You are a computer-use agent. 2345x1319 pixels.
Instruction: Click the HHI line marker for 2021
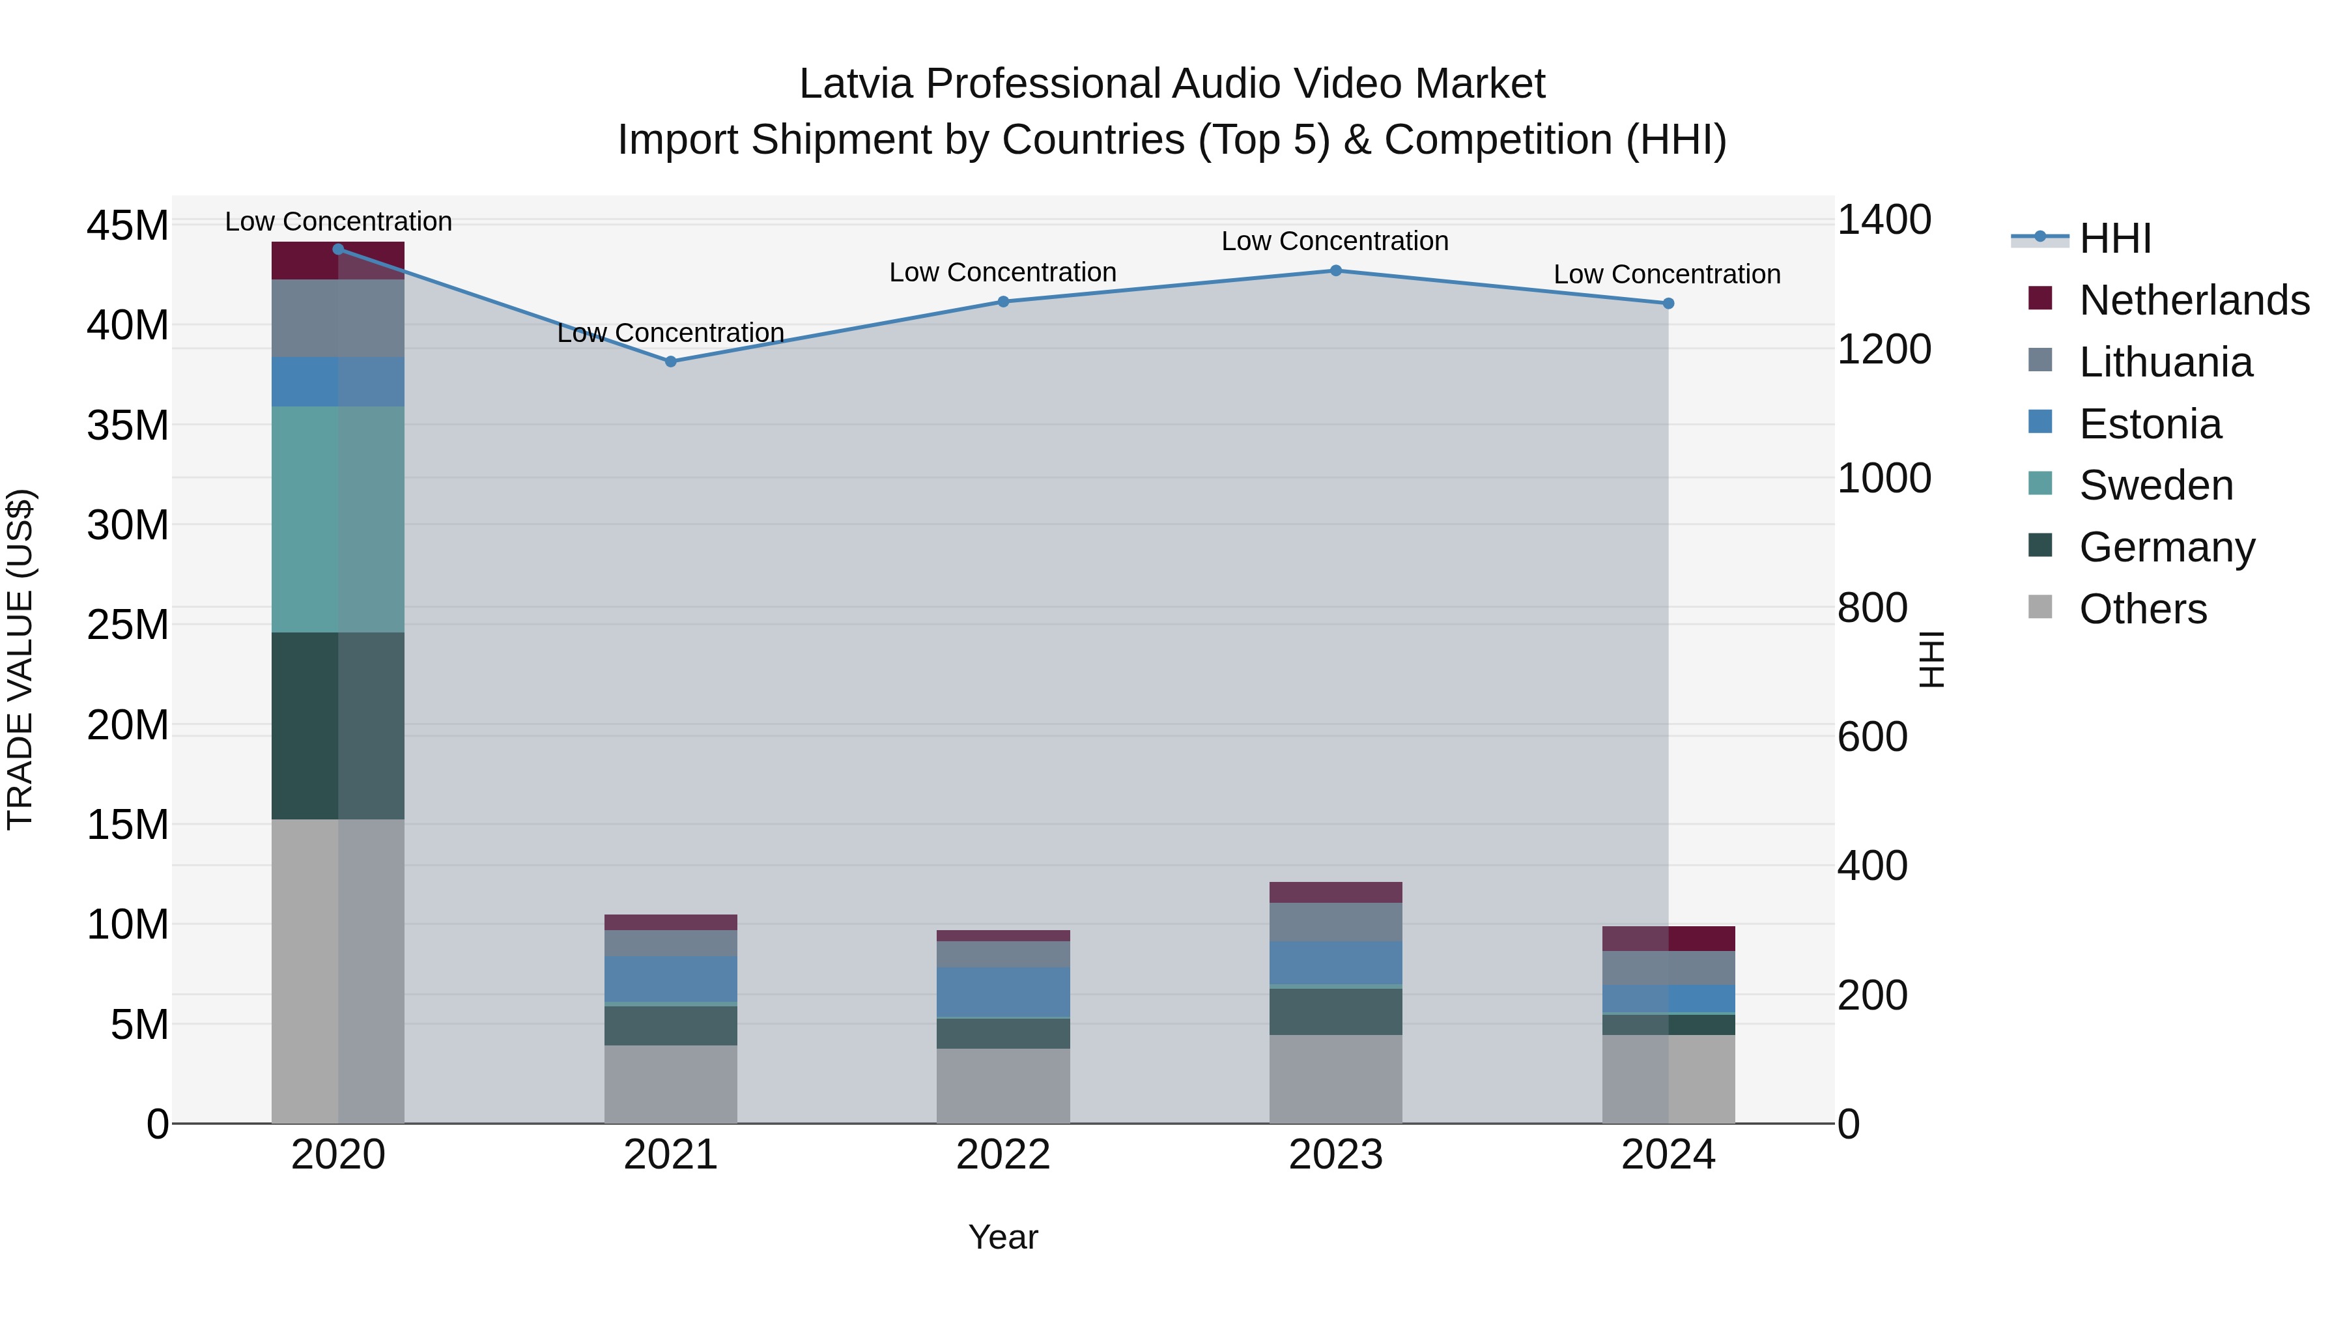pyautogui.click(x=670, y=362)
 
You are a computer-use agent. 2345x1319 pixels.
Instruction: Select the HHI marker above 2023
pyautogui.click(x=1335, y=270)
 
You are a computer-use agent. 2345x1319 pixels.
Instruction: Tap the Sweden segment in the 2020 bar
pyautogui.click(x=337, y=519)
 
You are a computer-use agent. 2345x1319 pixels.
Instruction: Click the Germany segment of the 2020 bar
pyautogui.click(x=337, y=726)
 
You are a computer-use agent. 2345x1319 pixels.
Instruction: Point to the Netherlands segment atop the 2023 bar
pyautogui.click(x=1335, y=892)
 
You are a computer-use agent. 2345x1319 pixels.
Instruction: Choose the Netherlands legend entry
pyautogui.click(x=2194, y=300)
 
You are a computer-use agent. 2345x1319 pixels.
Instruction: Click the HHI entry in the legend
pyautogui.click(x=2114, y=238)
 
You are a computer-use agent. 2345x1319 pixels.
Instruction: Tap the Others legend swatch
pyautogui.click(x=2040, y=607)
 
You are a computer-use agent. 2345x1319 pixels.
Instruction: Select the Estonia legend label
pyautogui.click(x=2150, y=424)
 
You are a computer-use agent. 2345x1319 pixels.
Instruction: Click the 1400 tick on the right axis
pyautogui.click(x=1883, y=220)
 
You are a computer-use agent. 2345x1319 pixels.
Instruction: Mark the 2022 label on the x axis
pyautogui.click(x=1003, y=1155)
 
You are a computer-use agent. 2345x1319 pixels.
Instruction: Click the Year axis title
pyautogui.click(x=1003, y=1237)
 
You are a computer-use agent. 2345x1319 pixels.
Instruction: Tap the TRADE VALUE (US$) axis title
pyautogui.click(x=21, y=659)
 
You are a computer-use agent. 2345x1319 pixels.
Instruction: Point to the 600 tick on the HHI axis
pyautogui.click(x=1871, y=737)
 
